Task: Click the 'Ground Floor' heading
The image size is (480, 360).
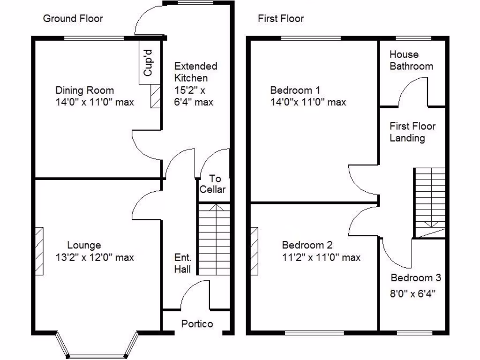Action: [73, 19]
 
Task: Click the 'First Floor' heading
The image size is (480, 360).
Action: [281, 19]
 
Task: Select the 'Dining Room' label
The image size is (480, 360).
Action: [84, 90]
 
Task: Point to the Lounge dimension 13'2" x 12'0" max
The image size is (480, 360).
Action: [94, 257]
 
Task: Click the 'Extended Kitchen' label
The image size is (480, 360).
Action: [195, 72]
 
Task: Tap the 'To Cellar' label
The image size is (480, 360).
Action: [213, 184]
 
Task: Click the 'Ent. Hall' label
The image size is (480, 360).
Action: [182, 263]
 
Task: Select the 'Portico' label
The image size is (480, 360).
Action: [197, 324]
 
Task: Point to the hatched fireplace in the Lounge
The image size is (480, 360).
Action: [39, 251]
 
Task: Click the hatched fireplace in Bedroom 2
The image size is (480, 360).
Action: [254, 251]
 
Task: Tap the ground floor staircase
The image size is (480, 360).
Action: [214, 239]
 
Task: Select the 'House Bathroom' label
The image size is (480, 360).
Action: [411, 60]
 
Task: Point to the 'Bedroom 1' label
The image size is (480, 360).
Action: [295, 90]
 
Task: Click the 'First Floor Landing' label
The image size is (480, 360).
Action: [412, 132]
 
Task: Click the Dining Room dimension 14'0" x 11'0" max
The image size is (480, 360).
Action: [94, 102]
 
